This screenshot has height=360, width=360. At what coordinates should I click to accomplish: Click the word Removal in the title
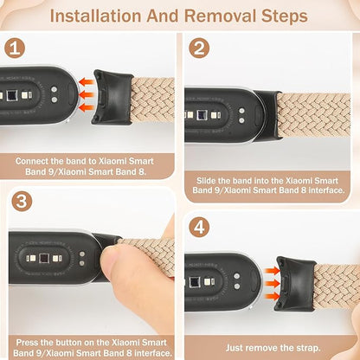(218, 16)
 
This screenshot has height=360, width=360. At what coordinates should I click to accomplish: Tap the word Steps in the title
(281, 16)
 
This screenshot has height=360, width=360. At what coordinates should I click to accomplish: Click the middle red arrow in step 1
(87, 96)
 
